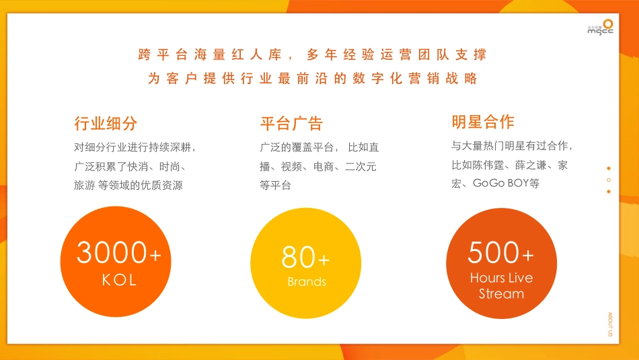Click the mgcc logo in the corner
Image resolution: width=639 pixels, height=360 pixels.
[600, 26]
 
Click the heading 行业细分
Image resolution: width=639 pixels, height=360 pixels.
[106, 124]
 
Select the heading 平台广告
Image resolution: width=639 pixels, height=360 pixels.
[291, 124]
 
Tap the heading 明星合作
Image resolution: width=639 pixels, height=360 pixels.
[483, 122]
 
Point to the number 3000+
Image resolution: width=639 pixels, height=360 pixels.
[119, 253]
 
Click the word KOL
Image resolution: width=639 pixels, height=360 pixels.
[119, 280]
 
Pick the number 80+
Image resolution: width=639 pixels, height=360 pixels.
[306, 258]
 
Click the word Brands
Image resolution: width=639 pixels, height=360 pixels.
[307, 282]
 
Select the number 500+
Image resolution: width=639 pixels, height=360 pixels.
[501, 253]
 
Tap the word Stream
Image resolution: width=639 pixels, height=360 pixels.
[501, 294]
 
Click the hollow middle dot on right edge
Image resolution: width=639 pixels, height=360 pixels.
[609, 180]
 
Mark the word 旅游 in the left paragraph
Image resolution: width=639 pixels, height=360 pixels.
[85, 185]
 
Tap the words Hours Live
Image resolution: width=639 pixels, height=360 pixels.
[501, 278]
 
